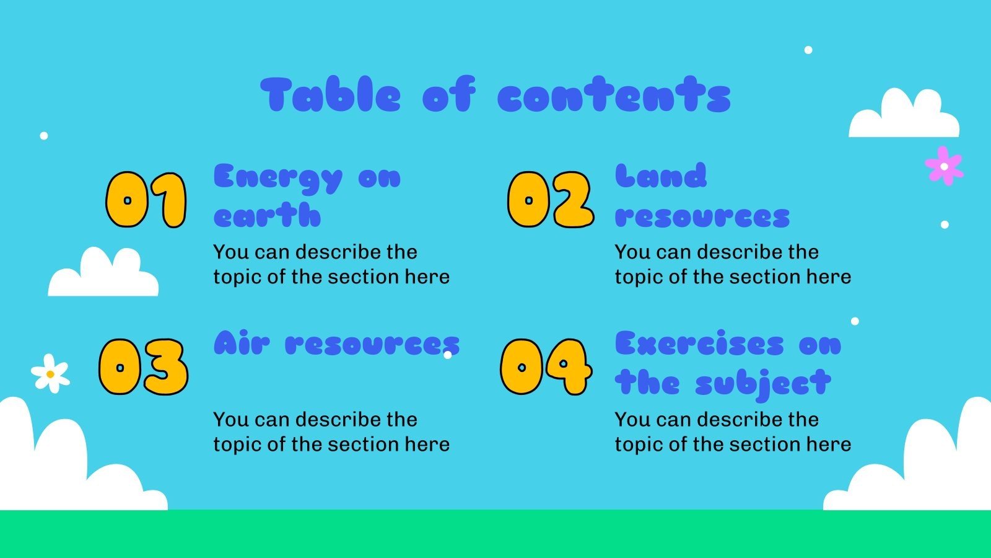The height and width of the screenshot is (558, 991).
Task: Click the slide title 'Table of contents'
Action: [495, 95]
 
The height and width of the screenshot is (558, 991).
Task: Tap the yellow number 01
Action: [146, 200]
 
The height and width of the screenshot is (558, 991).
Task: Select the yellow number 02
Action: [550, 200]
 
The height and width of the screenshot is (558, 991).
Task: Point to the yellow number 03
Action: [143, 367]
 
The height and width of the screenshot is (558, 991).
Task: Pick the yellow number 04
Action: [545, 367]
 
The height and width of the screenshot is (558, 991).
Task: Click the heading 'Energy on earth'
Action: [307, 196]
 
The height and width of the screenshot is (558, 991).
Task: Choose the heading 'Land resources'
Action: [702, 196]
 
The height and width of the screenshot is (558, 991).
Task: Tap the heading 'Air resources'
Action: [336, 343]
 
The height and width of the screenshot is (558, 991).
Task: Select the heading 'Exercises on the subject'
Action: [728, 363]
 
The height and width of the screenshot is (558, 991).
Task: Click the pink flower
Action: [944, 166]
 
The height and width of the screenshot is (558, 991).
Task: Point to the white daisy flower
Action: [51, 373]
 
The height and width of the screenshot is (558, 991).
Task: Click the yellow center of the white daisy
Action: [50, 374]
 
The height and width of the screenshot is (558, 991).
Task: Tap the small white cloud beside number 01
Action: [103, 274]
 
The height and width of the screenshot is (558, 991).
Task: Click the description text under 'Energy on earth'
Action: [331, 264]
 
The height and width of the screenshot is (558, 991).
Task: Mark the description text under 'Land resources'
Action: [733, 264]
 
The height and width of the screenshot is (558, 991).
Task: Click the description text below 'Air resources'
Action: [331, 432]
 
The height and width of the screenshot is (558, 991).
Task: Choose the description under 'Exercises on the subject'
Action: [733, 432]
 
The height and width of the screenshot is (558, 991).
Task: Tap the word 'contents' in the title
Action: [614, 96]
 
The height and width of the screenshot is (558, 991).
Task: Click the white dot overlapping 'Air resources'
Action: [448, 355]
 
